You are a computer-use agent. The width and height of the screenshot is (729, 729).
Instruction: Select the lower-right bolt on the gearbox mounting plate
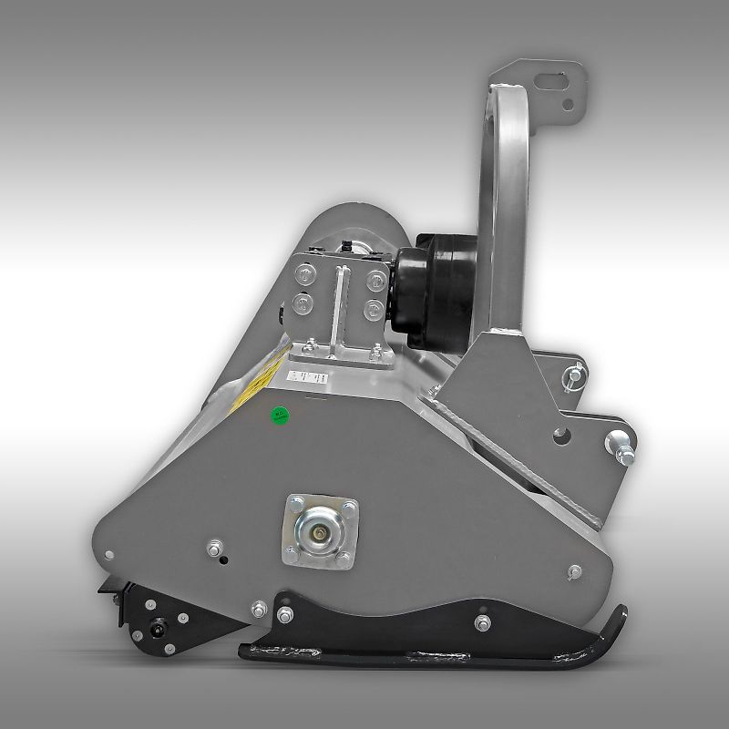(x=372, y=310)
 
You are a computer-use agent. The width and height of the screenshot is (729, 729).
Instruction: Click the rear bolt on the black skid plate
(x=480, y=622)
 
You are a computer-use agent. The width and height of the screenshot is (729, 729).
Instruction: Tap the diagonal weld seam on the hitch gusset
(x=510, y=447)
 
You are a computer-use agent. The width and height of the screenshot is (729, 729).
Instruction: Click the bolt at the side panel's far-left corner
(x=110, y=553)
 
